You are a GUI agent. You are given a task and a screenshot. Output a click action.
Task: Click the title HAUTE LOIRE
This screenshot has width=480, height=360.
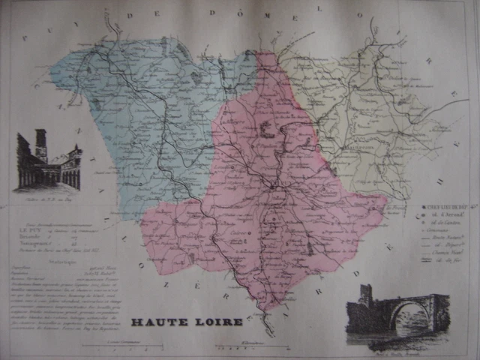187,322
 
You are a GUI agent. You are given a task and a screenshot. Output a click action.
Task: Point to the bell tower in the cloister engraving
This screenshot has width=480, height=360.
40,144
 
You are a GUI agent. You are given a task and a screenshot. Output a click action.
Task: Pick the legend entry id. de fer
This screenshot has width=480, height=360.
448,259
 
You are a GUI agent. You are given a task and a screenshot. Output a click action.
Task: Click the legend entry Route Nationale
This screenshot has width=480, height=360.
448,237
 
